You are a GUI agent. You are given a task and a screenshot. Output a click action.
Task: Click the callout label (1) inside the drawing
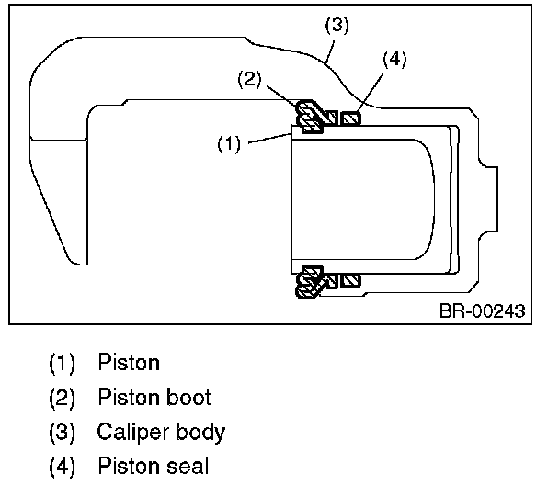click(x=231, y=143)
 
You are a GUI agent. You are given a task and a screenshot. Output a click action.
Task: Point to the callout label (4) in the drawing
click(x=393, y=61)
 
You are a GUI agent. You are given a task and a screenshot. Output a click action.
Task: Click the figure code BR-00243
click(x=482, y=311)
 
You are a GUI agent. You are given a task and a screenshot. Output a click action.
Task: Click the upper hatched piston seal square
click(x=350, y=118)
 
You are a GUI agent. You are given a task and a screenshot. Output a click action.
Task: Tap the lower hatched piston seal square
click(x=349, y=279)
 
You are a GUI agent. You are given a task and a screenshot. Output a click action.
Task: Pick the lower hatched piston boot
click(x=308, y=280)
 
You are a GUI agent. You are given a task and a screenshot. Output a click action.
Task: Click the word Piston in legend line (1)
click(x=128, y=363)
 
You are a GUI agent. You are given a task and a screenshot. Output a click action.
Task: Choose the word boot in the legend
click(x=188, y=398)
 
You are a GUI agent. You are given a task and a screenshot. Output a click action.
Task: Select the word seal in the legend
click(x=188, y=466)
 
